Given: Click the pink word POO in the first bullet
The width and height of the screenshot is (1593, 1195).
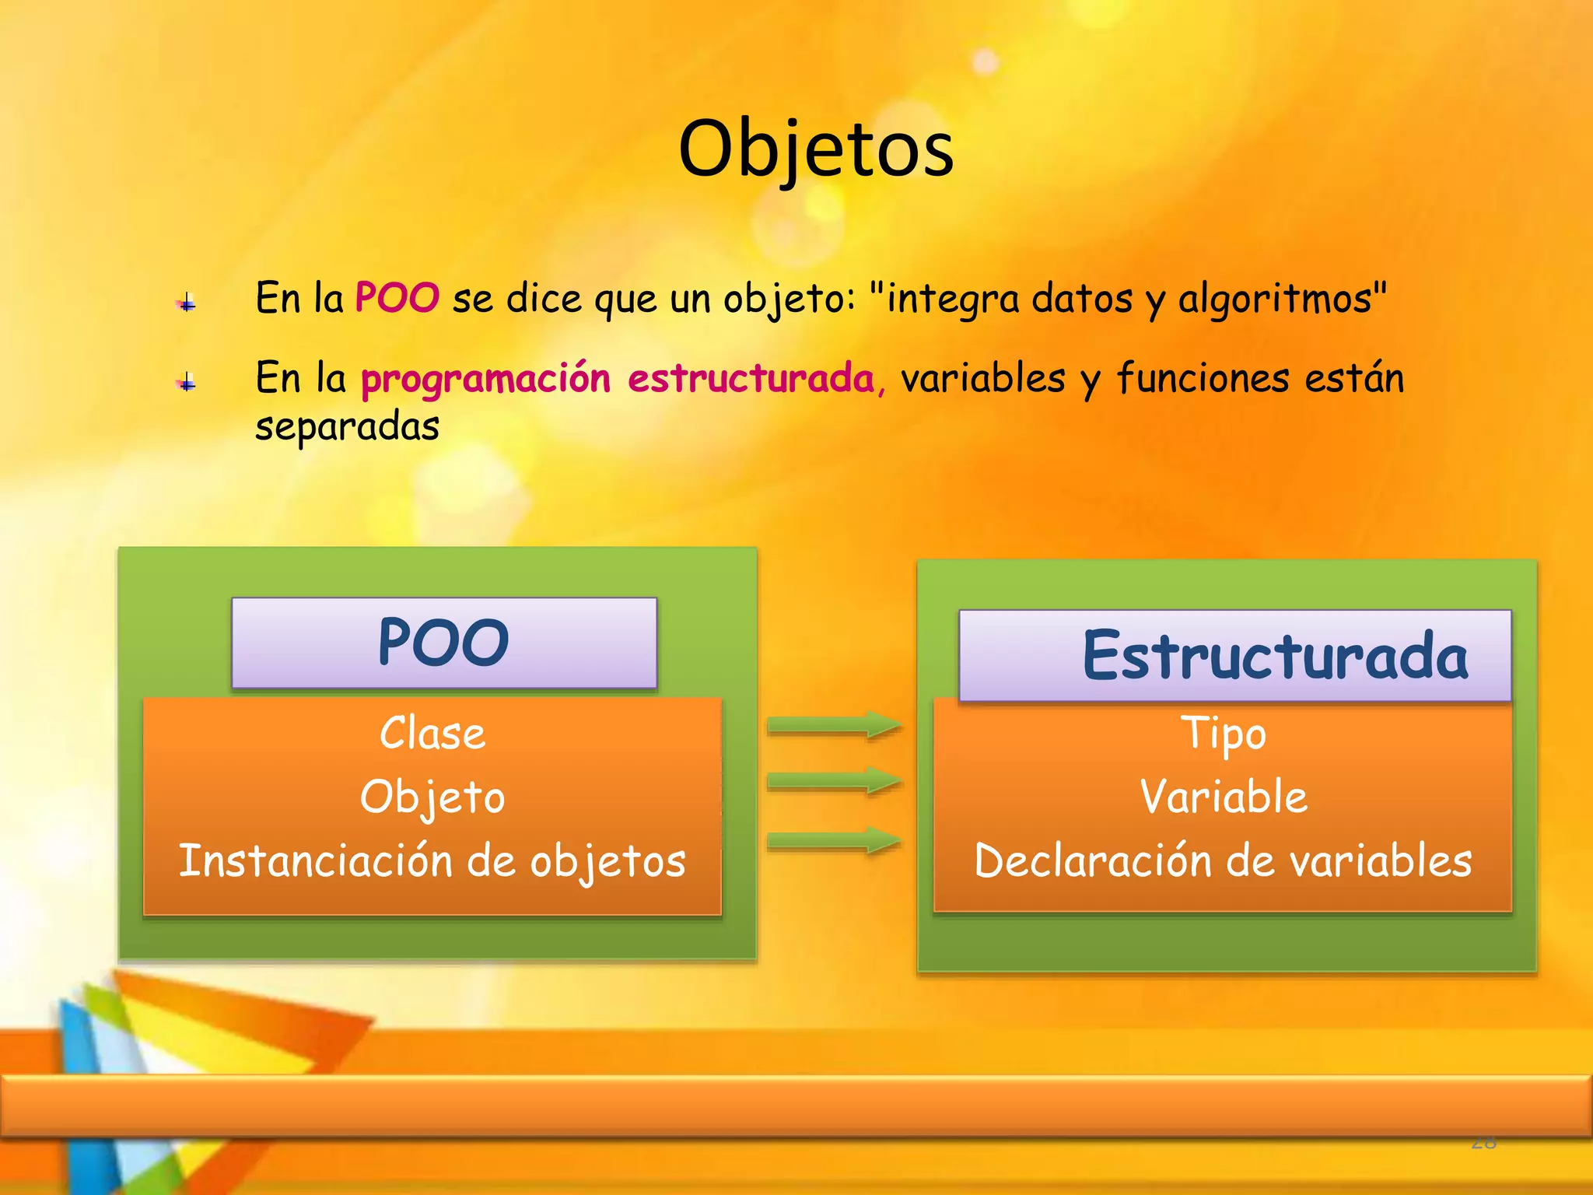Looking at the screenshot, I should coord(397,298).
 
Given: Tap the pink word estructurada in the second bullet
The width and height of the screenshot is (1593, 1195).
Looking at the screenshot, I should coord(751,379).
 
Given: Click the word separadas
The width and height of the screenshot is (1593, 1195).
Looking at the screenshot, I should coord(347,427).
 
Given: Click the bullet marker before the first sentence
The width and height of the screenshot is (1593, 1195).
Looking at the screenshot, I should coord(187,303).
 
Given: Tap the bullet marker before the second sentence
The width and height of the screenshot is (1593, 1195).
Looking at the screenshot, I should coord(187,383).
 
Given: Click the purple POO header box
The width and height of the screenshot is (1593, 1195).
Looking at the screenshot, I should coord(444,643).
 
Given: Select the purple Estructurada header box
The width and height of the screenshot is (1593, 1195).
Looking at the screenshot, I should coord(1235,656).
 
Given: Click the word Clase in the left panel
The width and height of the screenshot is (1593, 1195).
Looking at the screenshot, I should coord(432,734).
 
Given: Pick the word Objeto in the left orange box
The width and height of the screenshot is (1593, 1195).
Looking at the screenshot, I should coord(432,798).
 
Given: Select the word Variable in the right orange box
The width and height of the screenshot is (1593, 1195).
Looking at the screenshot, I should coord(1224,797).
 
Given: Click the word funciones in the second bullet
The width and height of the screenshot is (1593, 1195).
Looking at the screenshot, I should coord(1203,379).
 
